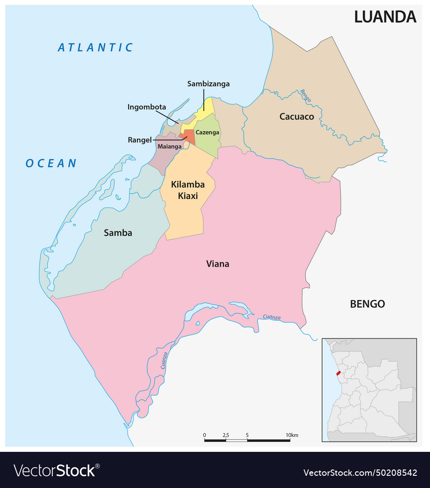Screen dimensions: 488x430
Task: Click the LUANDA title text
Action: (x=385, y=17)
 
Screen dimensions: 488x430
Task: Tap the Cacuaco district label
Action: (x=296, y=117)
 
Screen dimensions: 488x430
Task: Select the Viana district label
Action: (x=218, y=264)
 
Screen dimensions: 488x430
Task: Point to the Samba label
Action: (x=118, y=233)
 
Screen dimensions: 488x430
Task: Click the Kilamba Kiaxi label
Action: (x=187, y=190)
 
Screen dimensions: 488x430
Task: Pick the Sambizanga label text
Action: (x=208, y=84)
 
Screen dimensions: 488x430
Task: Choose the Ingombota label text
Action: (x=147, y=107)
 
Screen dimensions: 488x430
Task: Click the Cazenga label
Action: (x=207, y=132)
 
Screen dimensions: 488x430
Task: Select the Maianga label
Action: (x=169, y=146)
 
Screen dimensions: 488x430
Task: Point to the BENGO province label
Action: (x=367, y=304)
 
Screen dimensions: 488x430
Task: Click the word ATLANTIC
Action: (x=96, y=47)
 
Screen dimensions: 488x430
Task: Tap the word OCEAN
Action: (x=51, y=164)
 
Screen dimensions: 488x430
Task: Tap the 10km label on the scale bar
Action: (x=292, y=435)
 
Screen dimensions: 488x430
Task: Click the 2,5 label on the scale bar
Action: (x=226, y=435)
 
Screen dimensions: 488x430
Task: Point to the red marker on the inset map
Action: (x=338, y=373)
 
